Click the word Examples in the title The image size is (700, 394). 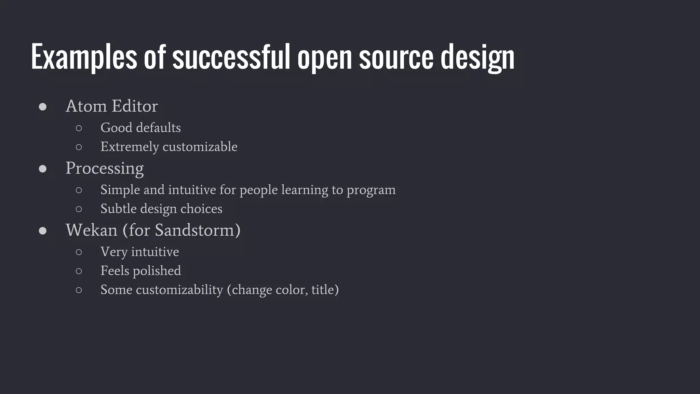(84, 57)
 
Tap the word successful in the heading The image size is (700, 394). (231, 57)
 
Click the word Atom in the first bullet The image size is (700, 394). (86, 106)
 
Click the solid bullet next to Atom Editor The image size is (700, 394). (43, 107)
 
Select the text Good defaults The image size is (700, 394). (140, 128)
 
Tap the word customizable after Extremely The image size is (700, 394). (200, 147)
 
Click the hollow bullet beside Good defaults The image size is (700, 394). (79, 128)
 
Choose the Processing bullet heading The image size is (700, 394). (104, 168)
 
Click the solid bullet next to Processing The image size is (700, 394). (43, 169)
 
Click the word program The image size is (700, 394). (371, 190)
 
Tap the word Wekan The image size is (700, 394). (91, 230)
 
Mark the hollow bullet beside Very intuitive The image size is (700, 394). (79, 252)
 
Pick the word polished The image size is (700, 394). (157, 271)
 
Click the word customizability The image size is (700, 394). (179, 290)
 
